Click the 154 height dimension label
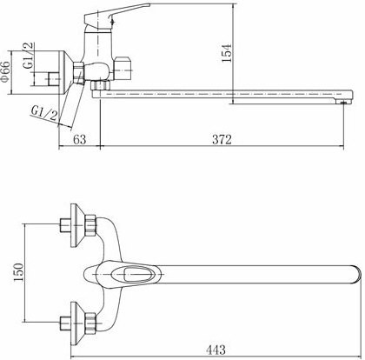pyautogui.click(x=227, y=52)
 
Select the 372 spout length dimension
pyautogui.click(x=222, y=140)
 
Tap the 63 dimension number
pyautogui.click(x=79, y=140)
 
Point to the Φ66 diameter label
pyautogui.click(x=5, y=71)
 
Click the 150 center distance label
pyautogui.click(x=18, y=272)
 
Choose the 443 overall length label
pyautogui.click(x=216, y=350)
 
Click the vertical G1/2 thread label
pyautogui.click(x=29, y=56)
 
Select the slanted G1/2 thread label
pyautogui.click(x=44, y=113)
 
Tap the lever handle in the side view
pyautogui.click(x=116, y=15)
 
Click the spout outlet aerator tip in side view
pyautogui.click(x=343, y=102)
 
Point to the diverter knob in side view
pyautogui.click(x=123, y=69)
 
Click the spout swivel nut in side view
pyautogui.click(x=101, y=85)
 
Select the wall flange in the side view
pyautogui.click(x=64, y=72)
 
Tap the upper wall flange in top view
pyautogui.click(x=77, y=225)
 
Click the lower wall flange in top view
pyautogui.click(x=77, y=323)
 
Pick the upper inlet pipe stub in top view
pyautogui.click(x=65, y=225)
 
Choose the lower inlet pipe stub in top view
pyautogui.click(x=65, y=323)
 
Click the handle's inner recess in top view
pyautogui.click(x=137, y=274)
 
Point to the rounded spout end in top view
pyautogui.click(x=356, y=274)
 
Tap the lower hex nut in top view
pyautogui.click(x=90, y=322)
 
